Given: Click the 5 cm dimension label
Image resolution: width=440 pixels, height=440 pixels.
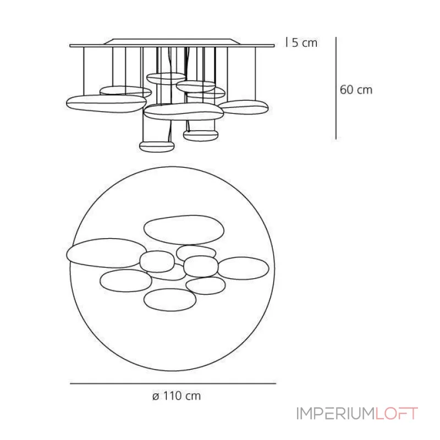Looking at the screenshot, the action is tap(305, 43).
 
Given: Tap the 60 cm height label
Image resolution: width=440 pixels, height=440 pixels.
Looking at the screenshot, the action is tap(356, 90).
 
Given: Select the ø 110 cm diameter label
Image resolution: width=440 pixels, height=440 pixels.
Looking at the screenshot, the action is tap(177, 396).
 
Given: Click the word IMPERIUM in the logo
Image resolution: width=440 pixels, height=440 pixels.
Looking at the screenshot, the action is tap(335, 414).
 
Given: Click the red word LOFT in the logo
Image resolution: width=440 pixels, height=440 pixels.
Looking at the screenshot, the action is tap(397, 414).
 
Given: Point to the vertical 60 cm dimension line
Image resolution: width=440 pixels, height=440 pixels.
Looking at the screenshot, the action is tap(336, 88).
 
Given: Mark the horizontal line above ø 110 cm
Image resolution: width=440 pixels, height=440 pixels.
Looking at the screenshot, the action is tap(173, 383).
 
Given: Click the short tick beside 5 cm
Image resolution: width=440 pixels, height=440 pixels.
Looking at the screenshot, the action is tap(287, 42).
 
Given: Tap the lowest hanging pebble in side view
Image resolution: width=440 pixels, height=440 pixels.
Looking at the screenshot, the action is tap(157, 146).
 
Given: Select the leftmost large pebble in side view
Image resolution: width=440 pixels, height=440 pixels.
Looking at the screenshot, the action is tap(106, 103).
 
